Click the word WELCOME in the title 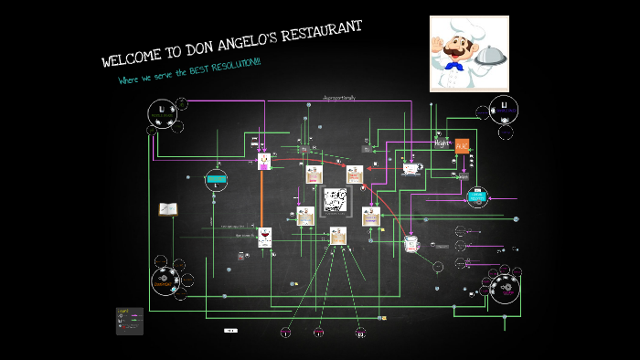127,59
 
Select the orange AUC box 462,145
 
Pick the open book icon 168,209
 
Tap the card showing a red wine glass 265,238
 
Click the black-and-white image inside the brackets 336,199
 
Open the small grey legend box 129,320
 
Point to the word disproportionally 339,98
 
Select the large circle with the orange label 165,282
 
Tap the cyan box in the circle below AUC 477,196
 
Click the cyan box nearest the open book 216,178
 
